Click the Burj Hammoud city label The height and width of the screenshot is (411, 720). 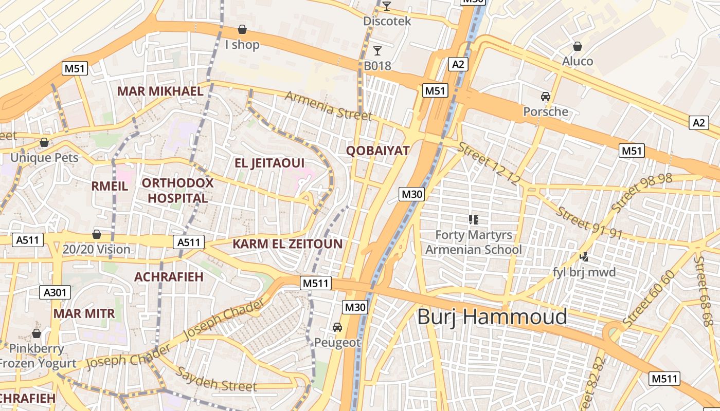492,317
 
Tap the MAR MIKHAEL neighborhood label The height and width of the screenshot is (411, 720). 160,91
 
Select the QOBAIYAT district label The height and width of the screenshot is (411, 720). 377,151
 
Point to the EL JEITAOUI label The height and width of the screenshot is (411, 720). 269,163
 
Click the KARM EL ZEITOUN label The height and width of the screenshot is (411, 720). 287,244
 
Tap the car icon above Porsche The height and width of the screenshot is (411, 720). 546,96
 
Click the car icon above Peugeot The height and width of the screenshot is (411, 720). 337,327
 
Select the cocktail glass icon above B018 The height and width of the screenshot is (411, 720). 377,50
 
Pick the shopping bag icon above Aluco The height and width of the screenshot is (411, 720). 578,46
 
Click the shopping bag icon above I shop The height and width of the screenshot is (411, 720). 242,29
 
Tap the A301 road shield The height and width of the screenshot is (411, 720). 55,293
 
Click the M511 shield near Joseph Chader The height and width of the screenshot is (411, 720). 315,283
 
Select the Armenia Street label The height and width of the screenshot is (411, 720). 328,106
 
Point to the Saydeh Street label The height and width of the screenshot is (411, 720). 216,380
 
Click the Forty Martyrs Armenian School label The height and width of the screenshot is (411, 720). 474,242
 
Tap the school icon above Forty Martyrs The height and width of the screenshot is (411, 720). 474,220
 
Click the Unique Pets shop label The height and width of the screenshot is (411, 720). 44,157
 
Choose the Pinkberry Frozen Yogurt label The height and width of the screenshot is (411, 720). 37,356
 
